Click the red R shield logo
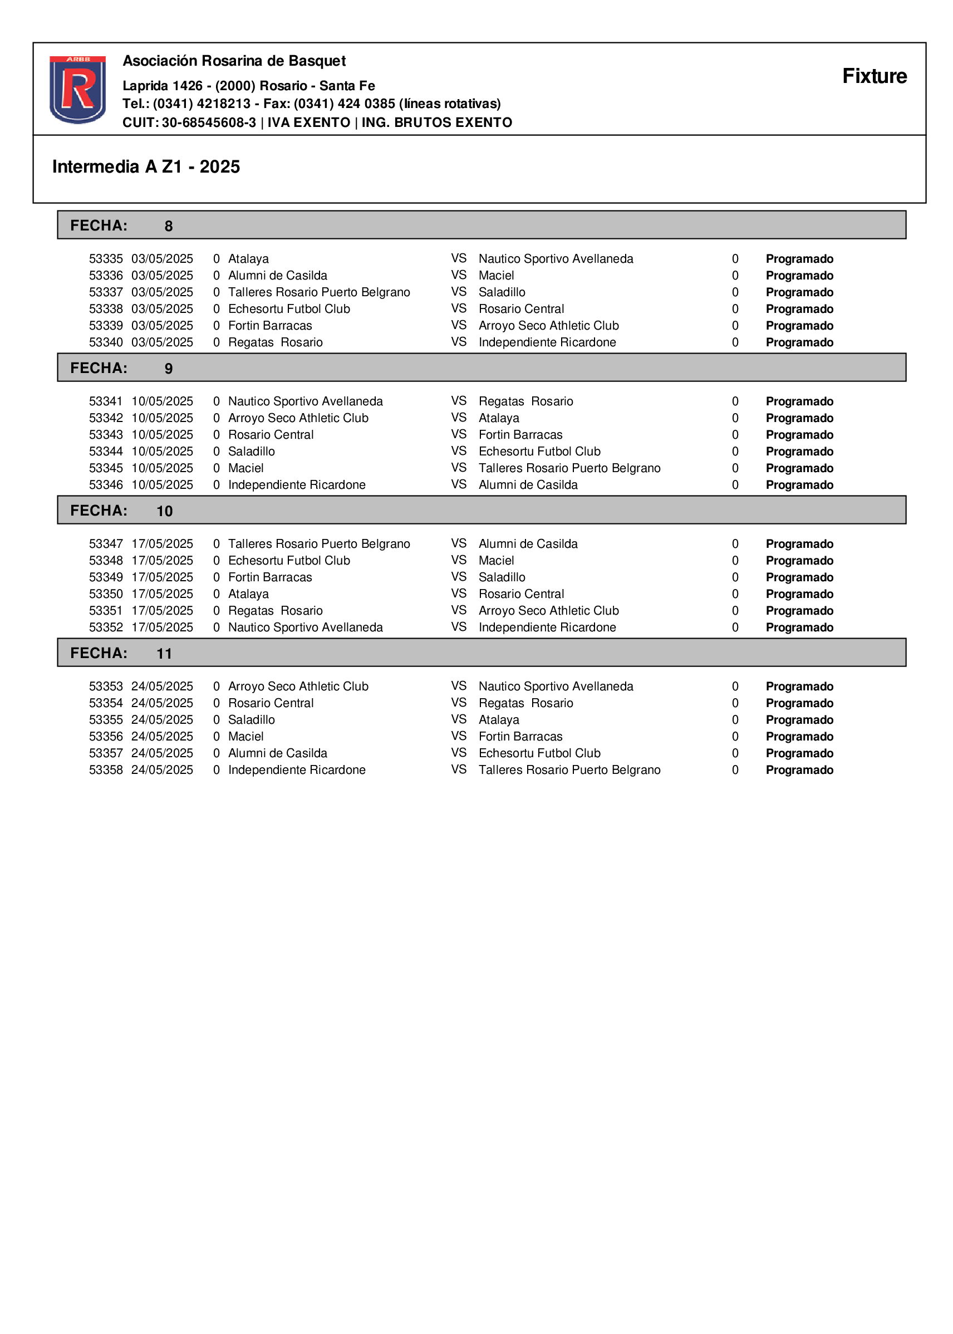[77, 89]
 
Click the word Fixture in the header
[874, 76]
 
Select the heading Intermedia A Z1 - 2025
[146, 166]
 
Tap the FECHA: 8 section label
[121, 225]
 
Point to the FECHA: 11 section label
[121, 653]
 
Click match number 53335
[106, 259]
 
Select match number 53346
[106, 485]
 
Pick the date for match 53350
[162, 594]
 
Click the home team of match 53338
[289, 308]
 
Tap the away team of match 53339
[548, 326]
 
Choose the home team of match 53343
[271, 435]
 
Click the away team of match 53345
[569, 468]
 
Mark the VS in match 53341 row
[458, 401]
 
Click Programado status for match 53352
[799, 627]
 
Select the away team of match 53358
[569, 770]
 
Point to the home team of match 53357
[278, 753]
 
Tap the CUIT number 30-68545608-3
[209, 122]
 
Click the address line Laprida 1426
[248, 86]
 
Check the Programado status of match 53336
[799, 276]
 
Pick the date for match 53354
[162, 703]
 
